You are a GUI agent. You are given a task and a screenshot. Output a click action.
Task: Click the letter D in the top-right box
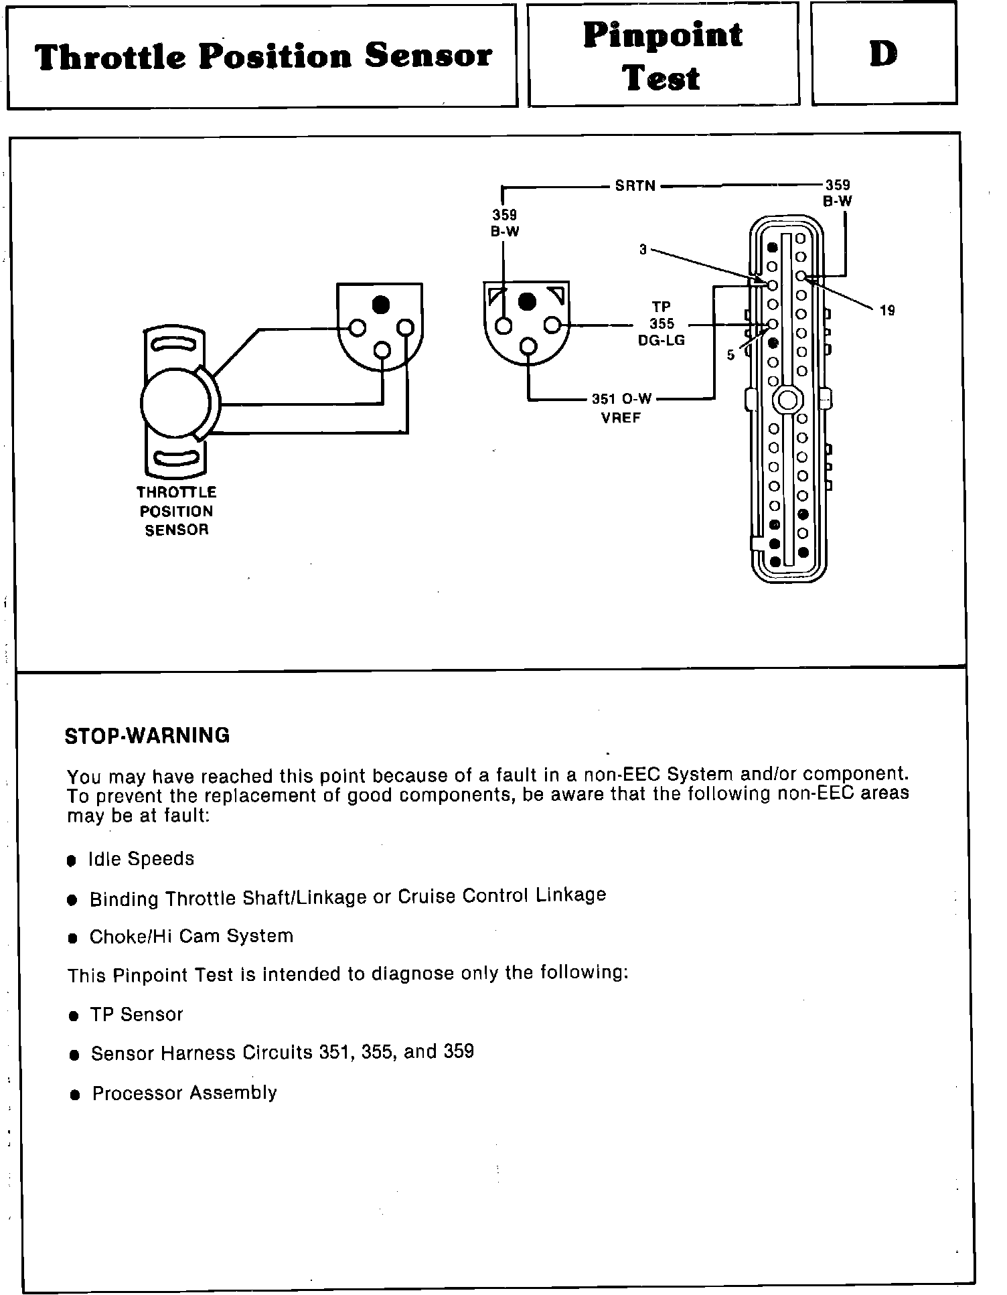[x=883, y=54]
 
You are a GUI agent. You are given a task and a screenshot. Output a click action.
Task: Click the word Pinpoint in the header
[x=662, y=35]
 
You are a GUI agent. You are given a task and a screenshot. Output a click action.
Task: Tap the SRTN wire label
[x=635, y=185]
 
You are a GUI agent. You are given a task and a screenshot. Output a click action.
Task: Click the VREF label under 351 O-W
[x=621, y=418]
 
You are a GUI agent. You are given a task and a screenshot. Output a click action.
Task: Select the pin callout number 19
[x=886, y=310]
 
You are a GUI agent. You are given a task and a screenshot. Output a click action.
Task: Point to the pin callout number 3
[x=643, y=250]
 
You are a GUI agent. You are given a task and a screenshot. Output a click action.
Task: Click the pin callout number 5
[x=730, y=355]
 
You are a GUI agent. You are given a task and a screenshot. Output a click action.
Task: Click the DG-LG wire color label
[x=661, y=341]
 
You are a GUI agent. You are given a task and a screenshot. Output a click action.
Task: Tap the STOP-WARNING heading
[x=147, y=736]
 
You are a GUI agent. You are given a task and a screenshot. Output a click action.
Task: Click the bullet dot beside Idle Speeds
[x=72, y=860]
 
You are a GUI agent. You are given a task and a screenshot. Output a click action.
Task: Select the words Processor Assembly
[x=184, y=1093]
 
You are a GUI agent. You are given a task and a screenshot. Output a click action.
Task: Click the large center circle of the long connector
[x=787, y=400]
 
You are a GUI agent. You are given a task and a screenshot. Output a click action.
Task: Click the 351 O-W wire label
[x=621, y=399]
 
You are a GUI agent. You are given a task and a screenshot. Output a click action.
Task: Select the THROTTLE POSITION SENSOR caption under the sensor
[x=176, y=511]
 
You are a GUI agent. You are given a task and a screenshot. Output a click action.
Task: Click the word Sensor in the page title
[x=429, y=56]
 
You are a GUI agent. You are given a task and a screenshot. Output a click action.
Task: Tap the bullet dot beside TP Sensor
[x=74, y=1016]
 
